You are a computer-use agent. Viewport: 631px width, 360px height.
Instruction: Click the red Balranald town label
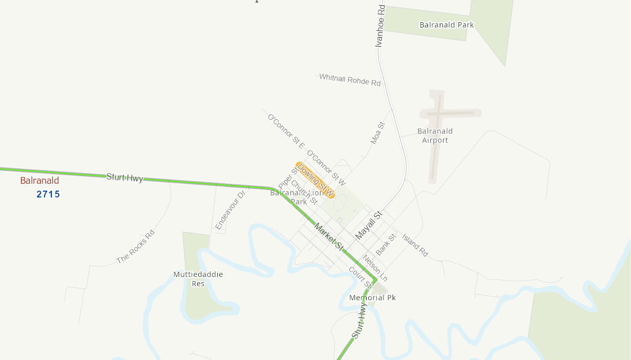(x=40, y=181)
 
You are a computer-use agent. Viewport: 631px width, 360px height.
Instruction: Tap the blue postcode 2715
(x=48, y=194)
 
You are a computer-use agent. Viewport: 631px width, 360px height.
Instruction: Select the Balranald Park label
(x=447, y=25)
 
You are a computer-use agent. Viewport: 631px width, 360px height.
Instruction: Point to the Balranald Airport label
(x=435, y=136)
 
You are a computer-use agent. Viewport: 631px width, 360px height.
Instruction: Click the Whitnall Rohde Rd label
(x=350, y=80)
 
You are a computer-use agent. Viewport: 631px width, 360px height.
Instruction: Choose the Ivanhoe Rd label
(x=380, y=26)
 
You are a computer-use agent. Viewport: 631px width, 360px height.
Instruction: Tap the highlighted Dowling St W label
(x=315, y=180)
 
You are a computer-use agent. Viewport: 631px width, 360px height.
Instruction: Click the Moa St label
(x=377, y=133)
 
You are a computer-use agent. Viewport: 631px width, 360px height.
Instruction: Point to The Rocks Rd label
(x=136, y=247)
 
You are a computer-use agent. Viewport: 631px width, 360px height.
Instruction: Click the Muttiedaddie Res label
(x=198, y=279)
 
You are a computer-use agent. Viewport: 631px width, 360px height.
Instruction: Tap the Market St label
(x=328, y=237)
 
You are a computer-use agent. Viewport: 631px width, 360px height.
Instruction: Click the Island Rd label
(x=415, y=245)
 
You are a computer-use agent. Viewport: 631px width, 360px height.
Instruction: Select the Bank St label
(x=386, y=244)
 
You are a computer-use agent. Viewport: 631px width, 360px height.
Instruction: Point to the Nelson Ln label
(x=375, y=268)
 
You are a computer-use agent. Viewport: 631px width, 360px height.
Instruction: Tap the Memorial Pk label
(x=372, y=298)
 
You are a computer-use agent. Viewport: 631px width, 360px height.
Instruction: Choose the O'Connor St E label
(x=286, y=131)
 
